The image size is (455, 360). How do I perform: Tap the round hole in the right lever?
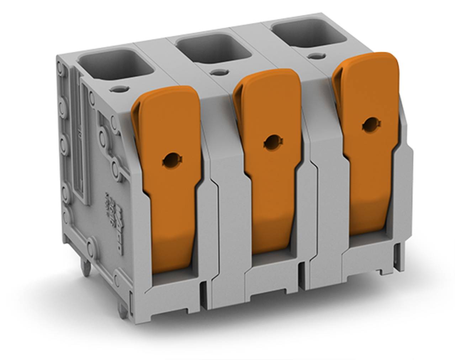tap(370, 125)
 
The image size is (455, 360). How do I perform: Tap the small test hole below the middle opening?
tap(216, 72)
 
